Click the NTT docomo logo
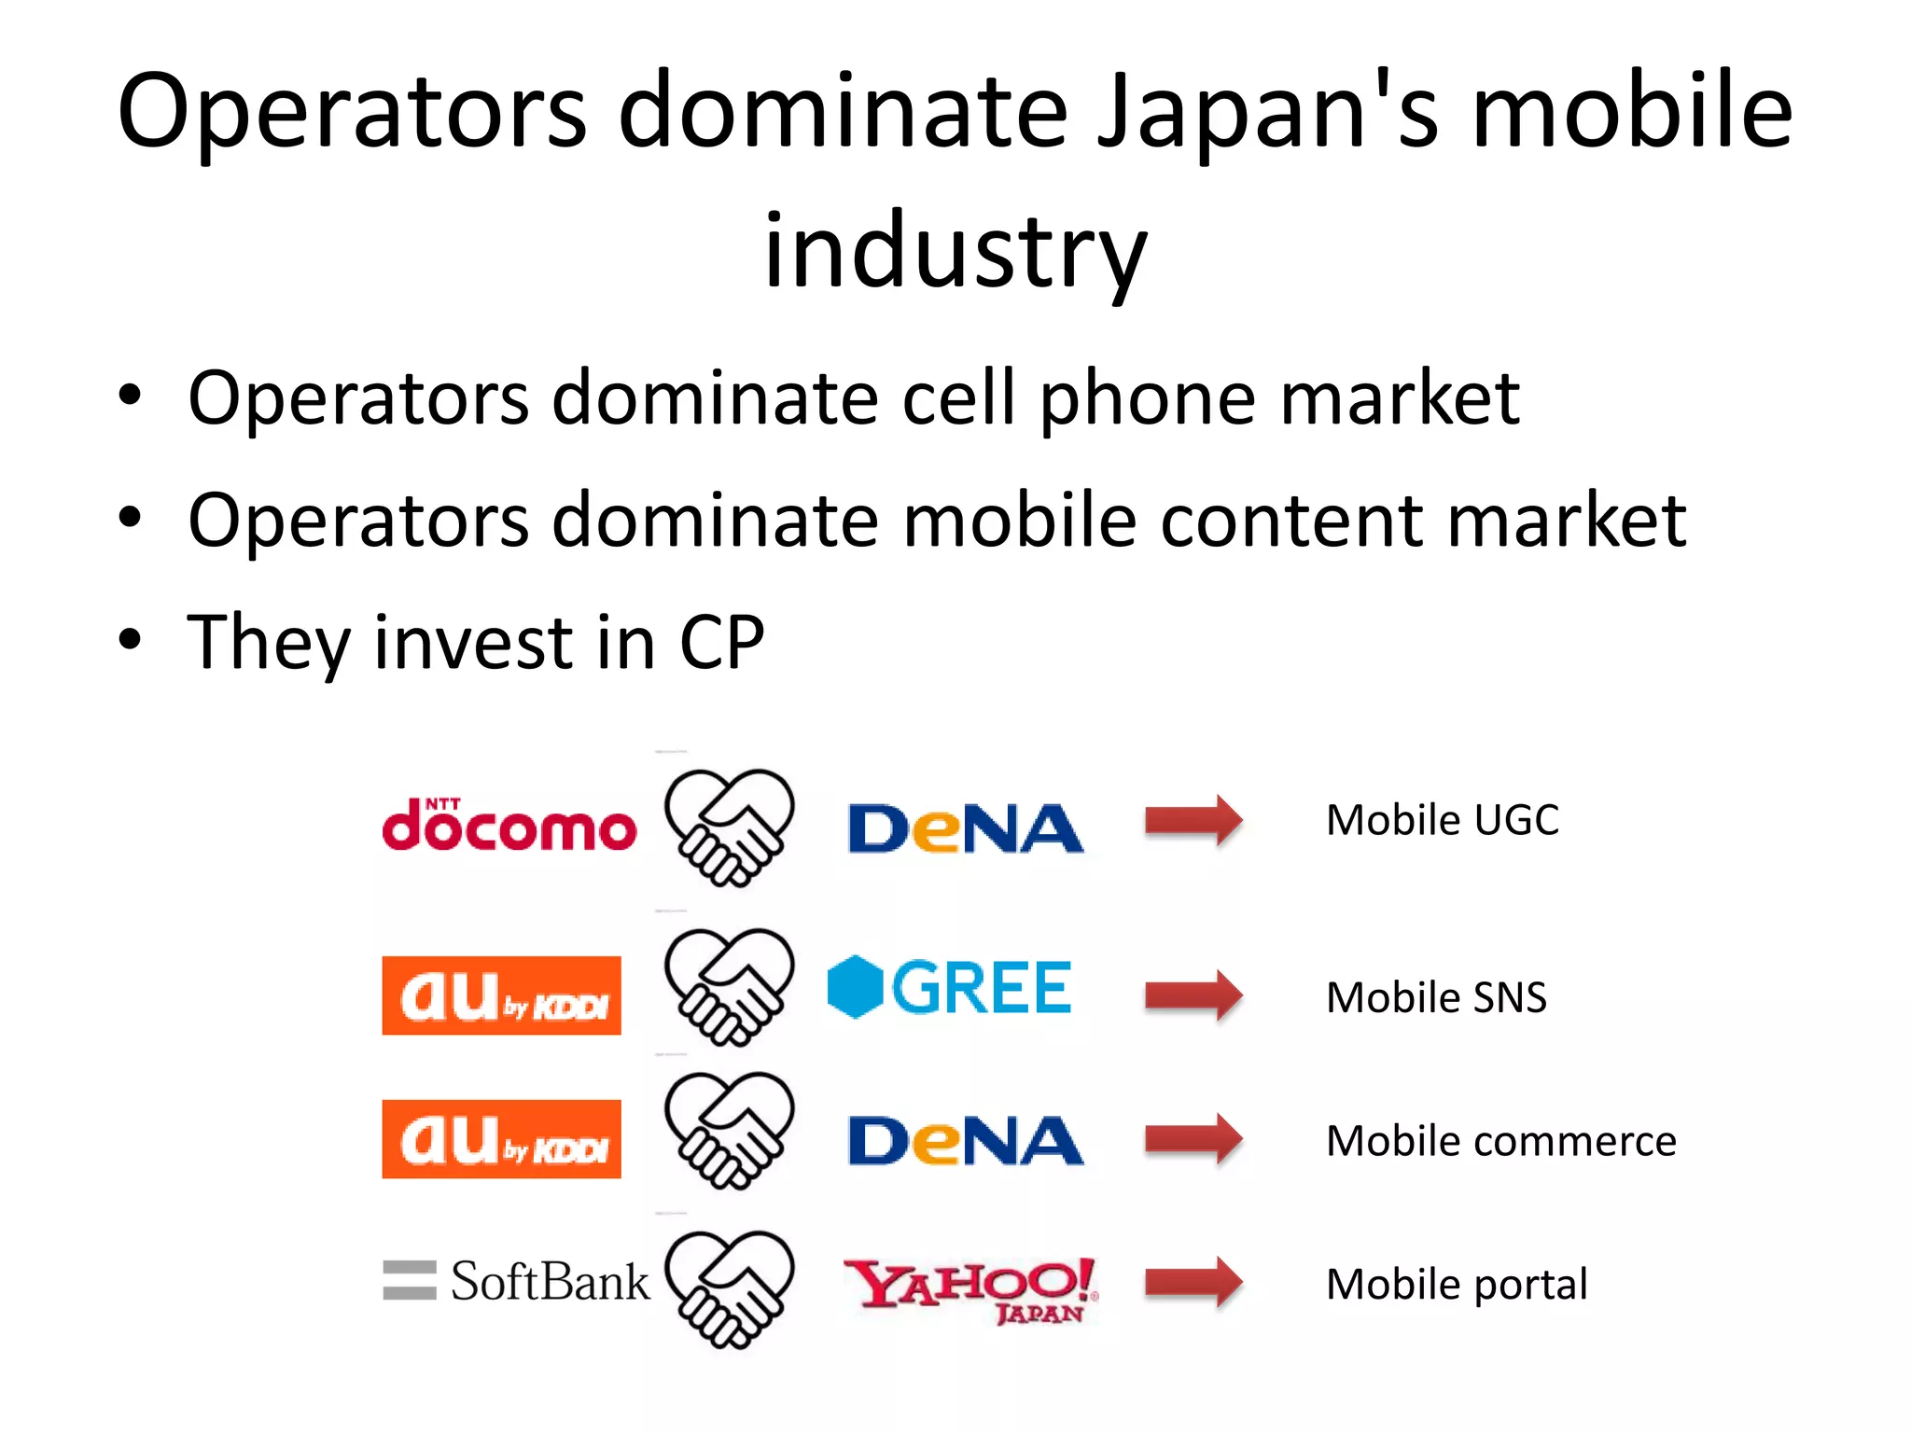(x=509, y=826)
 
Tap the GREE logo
(x=950, y=987)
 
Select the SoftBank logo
(x=516, y=1281)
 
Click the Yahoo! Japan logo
(x=971, y=1289)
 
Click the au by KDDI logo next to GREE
(x=501, y=995)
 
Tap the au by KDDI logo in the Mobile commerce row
(x=501, y=1139)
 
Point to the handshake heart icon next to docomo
(x=729, y=828)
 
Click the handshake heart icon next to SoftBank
(x=729, y=1289)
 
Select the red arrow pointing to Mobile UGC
(x=1193, y=821)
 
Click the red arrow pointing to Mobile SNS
(x=1193, y=995)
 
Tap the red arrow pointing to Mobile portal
(x=1193, y=1283)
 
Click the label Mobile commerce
(x=1500, y=1141)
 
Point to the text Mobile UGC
(x=1442, y=820)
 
